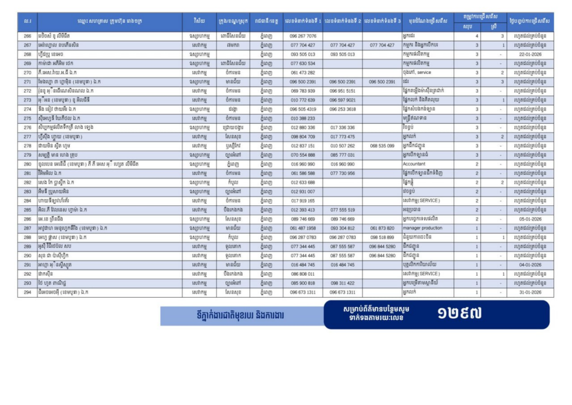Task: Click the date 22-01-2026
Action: click(527, 54)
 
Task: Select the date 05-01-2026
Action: click(527, 219)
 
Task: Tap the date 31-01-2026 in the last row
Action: click(527, 292)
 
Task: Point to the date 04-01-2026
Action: click(527, 265)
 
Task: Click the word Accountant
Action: click(414, 164)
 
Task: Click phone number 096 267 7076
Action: click(303, 36)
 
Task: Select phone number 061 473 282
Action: click(303, 73)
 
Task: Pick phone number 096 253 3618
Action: click(342, 109)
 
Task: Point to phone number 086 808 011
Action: click(303, 274)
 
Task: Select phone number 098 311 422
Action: click(342, 283)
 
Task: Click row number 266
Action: click(27, 36)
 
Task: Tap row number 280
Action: click(27, 164)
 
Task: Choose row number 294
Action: click(27, 292)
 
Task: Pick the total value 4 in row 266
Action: click(476, 36)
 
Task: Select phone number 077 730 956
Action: click(342, 173)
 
